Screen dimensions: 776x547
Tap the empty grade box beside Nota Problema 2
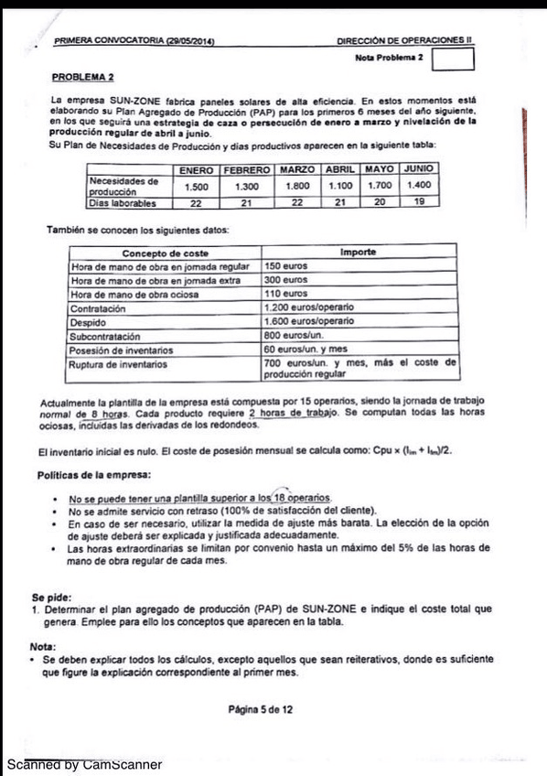(454, 59)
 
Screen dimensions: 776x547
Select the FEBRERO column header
(246, 170)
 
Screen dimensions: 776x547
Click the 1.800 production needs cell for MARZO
(296, 186)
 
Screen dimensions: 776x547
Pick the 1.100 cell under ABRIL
(339, 186)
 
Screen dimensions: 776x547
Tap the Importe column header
(359, 252)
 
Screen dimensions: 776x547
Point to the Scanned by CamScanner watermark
(84, 763)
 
